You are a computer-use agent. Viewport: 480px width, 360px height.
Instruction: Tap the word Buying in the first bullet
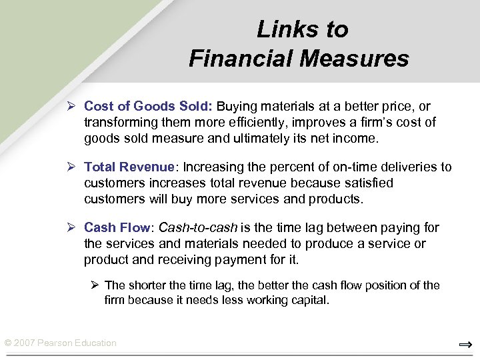tap(235, 107)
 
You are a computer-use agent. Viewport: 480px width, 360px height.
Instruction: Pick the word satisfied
tap(367, 183)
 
